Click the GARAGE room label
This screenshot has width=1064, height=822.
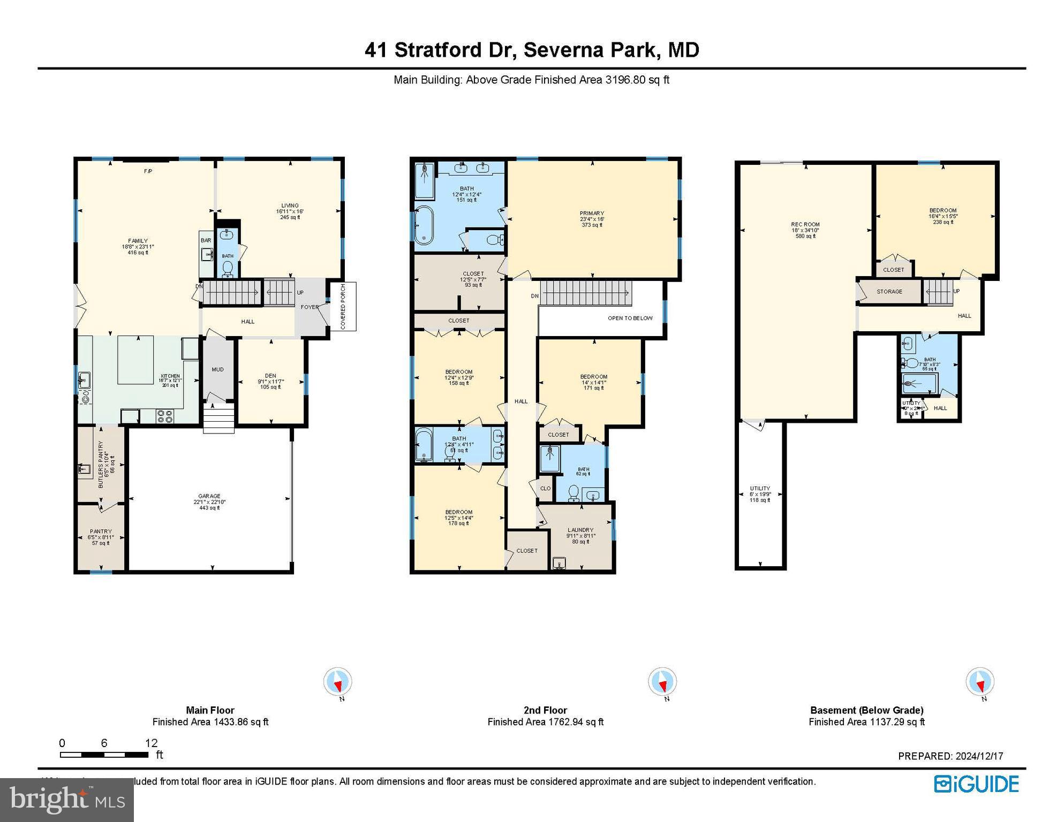[209, 497]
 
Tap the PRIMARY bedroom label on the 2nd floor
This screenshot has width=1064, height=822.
[592, 214]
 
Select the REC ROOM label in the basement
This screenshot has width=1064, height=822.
[805, 225]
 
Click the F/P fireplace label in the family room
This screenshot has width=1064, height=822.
[148, 171]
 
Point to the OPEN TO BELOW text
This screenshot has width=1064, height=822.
[630, 318]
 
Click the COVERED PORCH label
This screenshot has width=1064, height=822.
[343, 307]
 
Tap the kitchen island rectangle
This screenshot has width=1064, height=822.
[135, 360]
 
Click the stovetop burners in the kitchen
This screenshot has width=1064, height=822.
[165, 416]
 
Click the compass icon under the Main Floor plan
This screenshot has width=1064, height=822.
[338, 682]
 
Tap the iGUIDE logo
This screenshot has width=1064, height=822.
[977, 785]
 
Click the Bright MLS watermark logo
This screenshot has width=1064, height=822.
[66, 800]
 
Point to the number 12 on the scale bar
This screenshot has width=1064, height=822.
[151, 743]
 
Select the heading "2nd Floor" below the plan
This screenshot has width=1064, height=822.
[545, 710]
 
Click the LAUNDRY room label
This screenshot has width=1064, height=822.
[580, 530]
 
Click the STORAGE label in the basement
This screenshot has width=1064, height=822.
[889, 292]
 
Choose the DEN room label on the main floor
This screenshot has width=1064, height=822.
[270, 376]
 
